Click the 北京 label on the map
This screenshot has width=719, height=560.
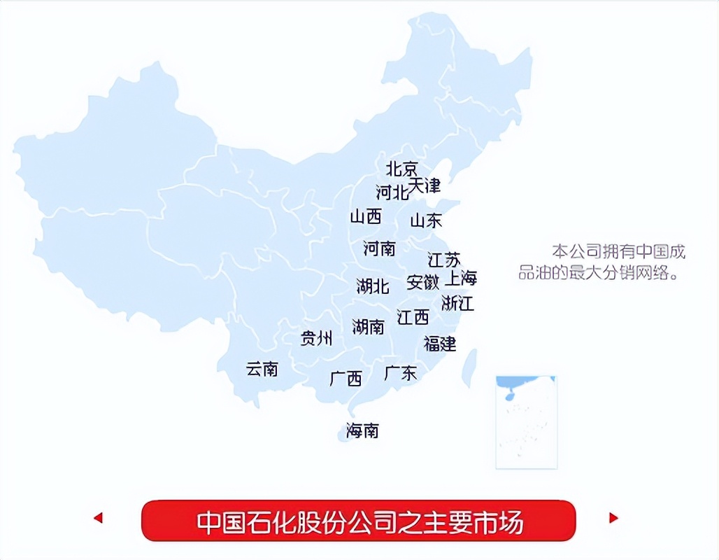pyautogui.click(x=402, y=169)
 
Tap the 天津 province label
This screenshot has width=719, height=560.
pyautogui.click(x=425, y=185)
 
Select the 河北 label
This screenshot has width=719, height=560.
pyautogui.click(x=392, y=192)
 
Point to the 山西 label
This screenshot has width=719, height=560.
pyautogui.click(x=366, y=216)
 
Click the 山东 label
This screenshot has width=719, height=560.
pyautogui.click(x=426, y=220)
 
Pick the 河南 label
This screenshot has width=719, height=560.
pyautogui.click(x=379, y=248)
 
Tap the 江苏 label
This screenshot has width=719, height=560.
pyautogui.click(x=444, y=260)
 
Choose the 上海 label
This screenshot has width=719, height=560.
pyautogui.click(x=462, y=278)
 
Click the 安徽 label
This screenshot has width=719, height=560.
pyautogui.click(x=423, y=282)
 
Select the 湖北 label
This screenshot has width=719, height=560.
pyautogui.click(x=372, y=286)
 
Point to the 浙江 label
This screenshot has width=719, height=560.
pyautogui.click(x=458, y=303)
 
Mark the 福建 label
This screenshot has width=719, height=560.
pyautogui.click(x=440, y=344)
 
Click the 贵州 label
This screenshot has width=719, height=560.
pyautogui.click(x=316, y=339)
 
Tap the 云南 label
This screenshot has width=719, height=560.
pyautogui.click(x=262, y=369)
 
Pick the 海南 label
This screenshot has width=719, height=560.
pyautogui.click(x=362, y=430)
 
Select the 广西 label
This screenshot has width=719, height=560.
pyautogui.click(x=346, y=379)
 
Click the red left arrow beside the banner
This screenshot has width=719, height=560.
pyautogui.click(x=98, y=518)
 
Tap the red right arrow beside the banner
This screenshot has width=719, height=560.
pyautogui.click(x=613, y=518)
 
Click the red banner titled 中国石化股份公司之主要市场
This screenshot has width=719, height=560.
pyautogui.click(x=358, y=521)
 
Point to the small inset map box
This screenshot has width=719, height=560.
pyautogui.click(x=526, y=422)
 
